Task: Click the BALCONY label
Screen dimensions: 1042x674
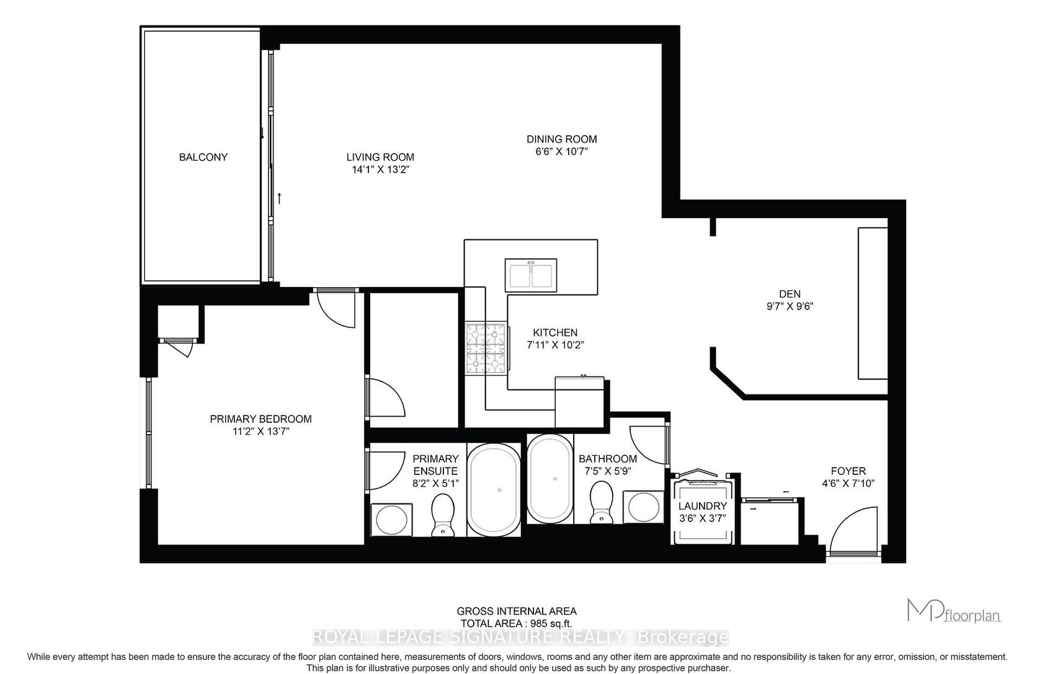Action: [x=203, y=157]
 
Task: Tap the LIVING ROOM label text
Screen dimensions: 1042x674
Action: [x=380, y=157]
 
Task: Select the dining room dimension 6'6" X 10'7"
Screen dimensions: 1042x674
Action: [x=561, y=151]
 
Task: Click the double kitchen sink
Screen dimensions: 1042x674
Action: [x=531, y=275]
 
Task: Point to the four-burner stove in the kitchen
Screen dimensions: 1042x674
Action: [x=486, y=347]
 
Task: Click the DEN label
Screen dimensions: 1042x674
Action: [x=790, y=294]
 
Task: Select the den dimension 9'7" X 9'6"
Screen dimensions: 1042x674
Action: [x=790, y=306]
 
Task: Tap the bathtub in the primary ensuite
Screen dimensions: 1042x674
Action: [x=494, y=489]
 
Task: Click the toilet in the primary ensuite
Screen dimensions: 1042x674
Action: [x=443, y=515]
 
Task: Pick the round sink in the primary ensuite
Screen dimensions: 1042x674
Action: [x=391, y=520]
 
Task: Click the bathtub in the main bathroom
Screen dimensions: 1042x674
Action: [x=551, y=479]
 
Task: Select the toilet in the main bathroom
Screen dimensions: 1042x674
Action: [x=601, y=502]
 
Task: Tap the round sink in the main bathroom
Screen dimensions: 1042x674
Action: [x=644, y=507]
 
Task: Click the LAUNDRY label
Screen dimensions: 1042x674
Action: [x=702, y=506]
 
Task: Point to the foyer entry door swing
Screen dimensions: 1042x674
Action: [x=854, y=530]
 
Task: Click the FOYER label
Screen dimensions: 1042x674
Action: [x=848, y=471]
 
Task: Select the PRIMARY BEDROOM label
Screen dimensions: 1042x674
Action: [x=260, y=419]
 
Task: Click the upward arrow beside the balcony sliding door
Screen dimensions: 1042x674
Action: [x=280, y=198]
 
